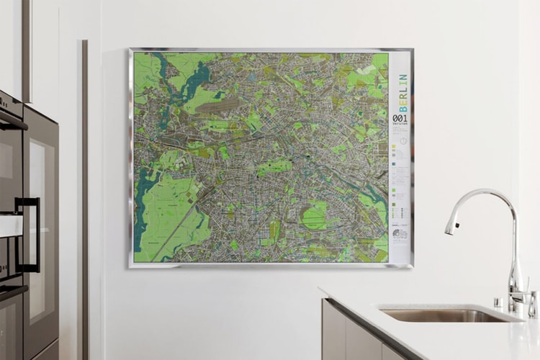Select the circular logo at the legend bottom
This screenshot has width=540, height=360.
(x=400, y=234)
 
